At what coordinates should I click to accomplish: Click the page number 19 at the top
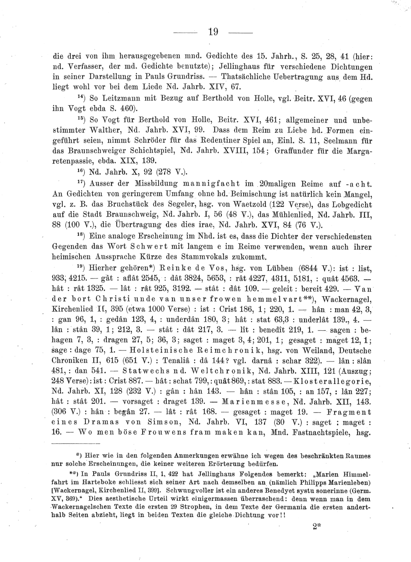point(213,32)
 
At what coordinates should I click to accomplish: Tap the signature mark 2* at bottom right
point(316,528)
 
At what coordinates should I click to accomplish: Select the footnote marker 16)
point(82,170)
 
